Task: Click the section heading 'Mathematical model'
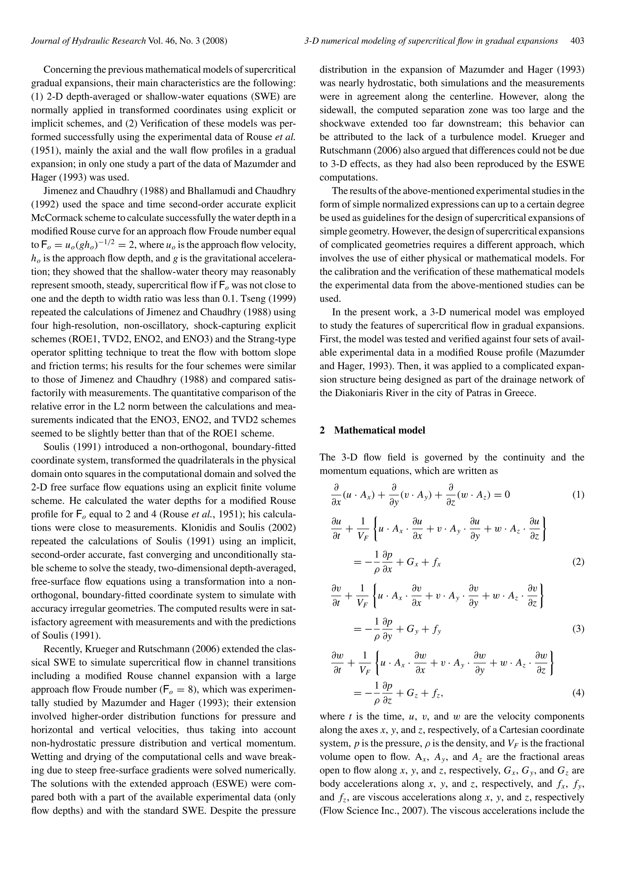pos(380,430)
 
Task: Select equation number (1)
pos(578,495)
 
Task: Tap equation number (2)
pos(578,562)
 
